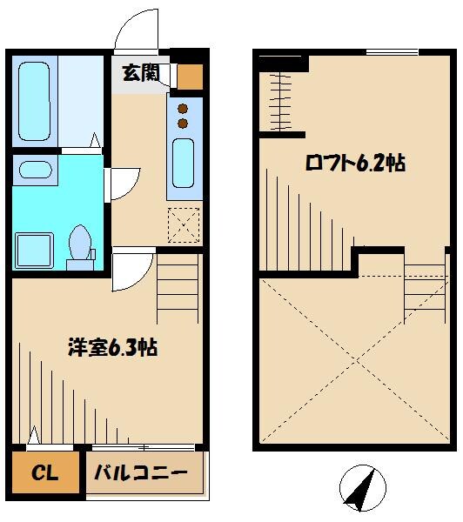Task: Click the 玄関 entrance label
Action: click(x=140, y=73)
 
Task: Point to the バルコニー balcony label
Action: click(x=141, y=474)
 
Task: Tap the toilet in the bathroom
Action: click(x=81, y=242)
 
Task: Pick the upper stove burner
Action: click(x=183, y=108)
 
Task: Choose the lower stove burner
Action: click(x=183, y=124)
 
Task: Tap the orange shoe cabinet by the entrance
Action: click(x=189, y=77)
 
